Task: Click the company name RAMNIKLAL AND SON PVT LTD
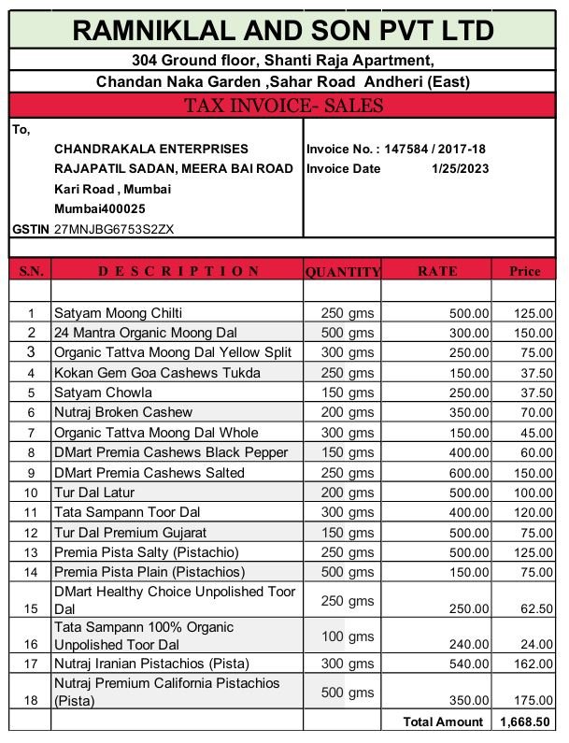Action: [284, 31]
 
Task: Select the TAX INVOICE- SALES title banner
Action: [284, 106]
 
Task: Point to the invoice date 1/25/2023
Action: [460, 169]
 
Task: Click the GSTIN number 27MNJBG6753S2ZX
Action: [114, 228]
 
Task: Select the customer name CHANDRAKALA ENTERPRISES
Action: [151, 149]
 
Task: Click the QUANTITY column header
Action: [342, 272]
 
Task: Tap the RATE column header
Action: [436, 271]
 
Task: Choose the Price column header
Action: [524, 271]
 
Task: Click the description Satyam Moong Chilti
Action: [118, 312]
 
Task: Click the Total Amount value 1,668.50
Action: [526, 722]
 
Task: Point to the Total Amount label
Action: [444, 722]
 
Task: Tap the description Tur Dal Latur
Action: [93, 493]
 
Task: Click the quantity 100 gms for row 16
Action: [348, 636]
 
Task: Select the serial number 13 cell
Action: [31, 552]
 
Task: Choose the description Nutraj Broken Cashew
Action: [122, 412]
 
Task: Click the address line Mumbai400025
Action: [100, 208]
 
